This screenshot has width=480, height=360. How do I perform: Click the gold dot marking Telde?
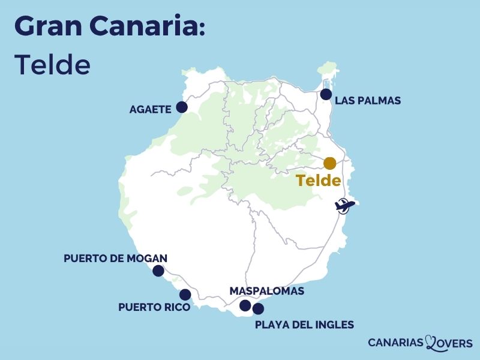tap(329, 163)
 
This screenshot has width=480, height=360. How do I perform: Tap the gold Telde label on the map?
tap(319, 181)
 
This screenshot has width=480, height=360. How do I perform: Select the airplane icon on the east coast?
tap(344, 205)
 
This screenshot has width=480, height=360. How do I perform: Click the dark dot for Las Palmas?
tap(326, 94)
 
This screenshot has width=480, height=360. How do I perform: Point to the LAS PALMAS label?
tap(368, 101)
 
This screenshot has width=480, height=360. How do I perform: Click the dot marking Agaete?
tap(181, 107)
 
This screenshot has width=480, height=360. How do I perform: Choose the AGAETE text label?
tap(150, 109)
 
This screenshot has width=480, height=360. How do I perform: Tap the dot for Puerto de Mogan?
tap(158, 271)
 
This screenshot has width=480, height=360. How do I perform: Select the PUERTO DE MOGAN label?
tap(115, 259)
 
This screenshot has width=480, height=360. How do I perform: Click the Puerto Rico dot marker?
tap(185, 295)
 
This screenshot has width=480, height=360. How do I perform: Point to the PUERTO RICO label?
tap(154, 307)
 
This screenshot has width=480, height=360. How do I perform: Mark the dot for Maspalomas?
tap(245, 305)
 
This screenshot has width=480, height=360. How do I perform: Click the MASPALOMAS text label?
tap(267, 291)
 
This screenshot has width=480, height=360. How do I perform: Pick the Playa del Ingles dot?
tap(258, 309)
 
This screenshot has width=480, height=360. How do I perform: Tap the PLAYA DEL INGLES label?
tap(304, 325)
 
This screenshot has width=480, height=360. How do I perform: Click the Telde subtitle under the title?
tap(52, 64)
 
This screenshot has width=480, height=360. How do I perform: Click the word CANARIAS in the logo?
tap(396, 343)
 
